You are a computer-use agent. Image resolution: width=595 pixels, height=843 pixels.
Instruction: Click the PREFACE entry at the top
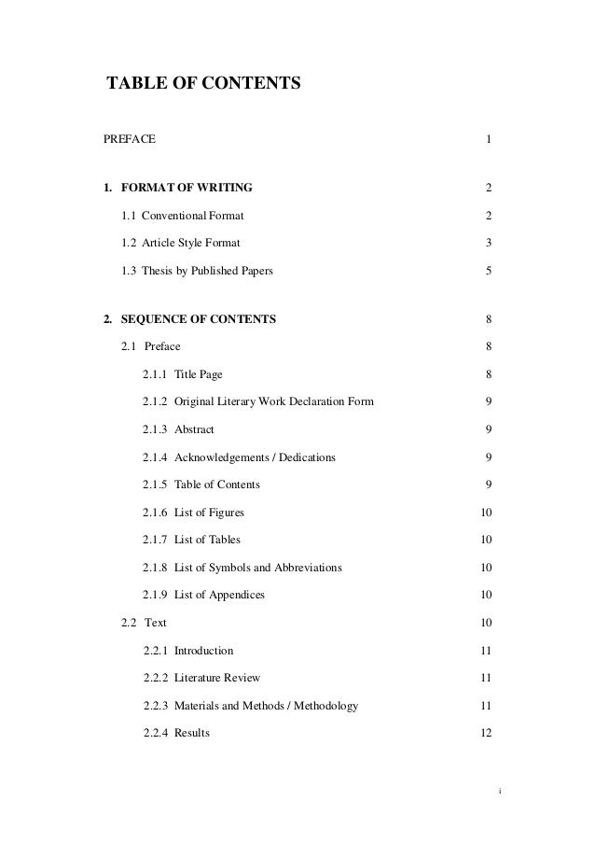tap(130, 140)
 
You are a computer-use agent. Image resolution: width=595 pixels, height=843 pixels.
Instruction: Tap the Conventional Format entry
tap(192, 217)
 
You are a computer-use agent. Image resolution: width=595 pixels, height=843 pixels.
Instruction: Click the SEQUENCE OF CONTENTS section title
tap(199, 320)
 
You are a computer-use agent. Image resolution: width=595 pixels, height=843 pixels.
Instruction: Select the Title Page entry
tap(198, 375)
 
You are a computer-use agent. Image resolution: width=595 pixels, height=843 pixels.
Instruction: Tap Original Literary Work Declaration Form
tap(274, 402)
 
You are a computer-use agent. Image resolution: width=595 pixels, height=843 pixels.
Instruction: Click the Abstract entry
tap(194, 429)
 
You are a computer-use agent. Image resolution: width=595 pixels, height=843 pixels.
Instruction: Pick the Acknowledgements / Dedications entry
tap(255, 457)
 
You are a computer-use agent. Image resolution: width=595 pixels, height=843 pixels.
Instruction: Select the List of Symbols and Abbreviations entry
tap(257, 568)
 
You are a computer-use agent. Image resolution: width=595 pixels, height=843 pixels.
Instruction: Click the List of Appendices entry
tap(219, 595)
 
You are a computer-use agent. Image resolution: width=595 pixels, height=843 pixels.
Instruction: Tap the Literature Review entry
tap(217, 678)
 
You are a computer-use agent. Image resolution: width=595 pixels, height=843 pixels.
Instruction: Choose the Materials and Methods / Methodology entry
tap(266, 706)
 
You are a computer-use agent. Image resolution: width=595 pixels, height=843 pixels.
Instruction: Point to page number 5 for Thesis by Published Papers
tap(489, 272)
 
